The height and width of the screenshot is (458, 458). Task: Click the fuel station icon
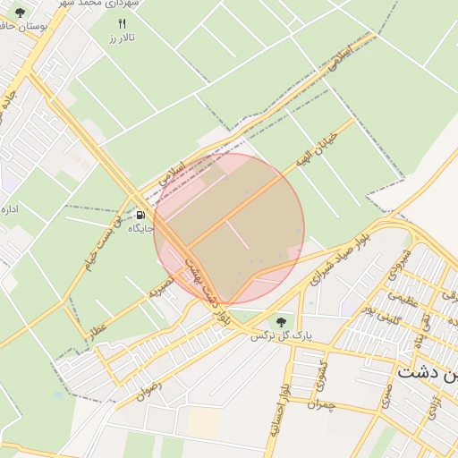141,216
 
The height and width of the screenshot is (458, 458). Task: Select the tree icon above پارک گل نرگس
281,321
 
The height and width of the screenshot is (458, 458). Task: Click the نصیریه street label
158,287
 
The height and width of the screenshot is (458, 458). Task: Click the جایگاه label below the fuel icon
141,230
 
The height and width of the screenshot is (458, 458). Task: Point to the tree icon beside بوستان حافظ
20,13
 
